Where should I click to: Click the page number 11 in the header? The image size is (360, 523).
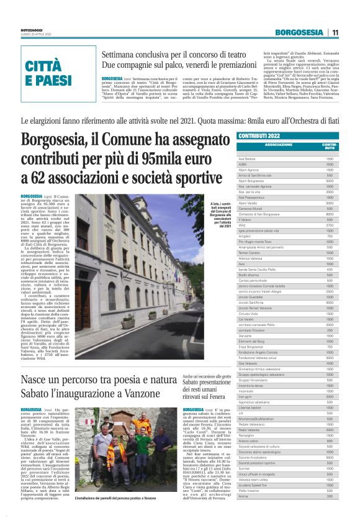335,32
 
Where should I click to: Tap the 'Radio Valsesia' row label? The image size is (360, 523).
249,429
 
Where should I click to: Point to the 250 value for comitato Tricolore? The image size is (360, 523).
330,330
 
